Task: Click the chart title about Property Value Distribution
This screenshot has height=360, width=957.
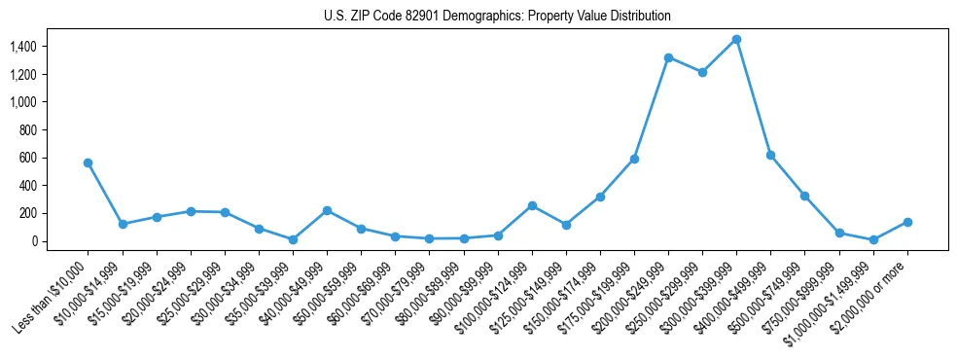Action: point(497,17)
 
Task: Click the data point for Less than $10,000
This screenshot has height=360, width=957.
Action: point(88,162)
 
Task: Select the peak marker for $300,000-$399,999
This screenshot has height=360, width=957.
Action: point(736,39)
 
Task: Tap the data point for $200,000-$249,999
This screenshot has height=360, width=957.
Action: point(668,57)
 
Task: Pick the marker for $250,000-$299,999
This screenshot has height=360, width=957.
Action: point(702,72)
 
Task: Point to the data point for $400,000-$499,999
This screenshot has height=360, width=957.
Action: point(770,155)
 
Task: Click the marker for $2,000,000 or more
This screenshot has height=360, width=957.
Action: point(906,222)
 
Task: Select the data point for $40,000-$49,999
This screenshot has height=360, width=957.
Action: point(327,210)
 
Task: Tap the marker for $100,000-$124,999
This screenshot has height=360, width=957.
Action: point(532,205)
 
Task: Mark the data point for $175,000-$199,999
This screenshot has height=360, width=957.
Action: point(634,159)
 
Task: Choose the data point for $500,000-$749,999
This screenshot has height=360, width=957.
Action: point(804,196)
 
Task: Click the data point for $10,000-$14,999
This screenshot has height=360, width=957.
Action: point(123,224)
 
